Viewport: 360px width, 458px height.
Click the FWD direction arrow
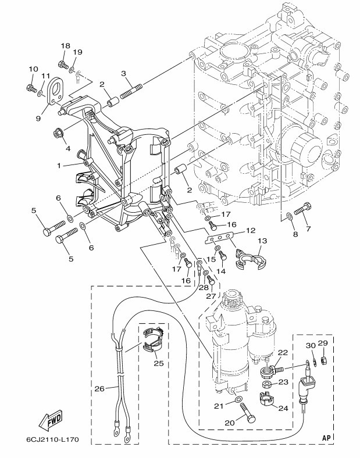[x=51, y=420]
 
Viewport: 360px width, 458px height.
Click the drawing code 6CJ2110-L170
[x=52, y=439]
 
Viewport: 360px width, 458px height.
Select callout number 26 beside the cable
[x=99, y=389]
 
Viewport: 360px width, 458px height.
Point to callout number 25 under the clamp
[x=159, y=363]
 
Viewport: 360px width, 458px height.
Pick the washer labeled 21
[x=238, y=399]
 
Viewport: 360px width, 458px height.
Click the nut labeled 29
[x=323, y=360]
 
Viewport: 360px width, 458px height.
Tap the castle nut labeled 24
[x=266, y=399]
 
